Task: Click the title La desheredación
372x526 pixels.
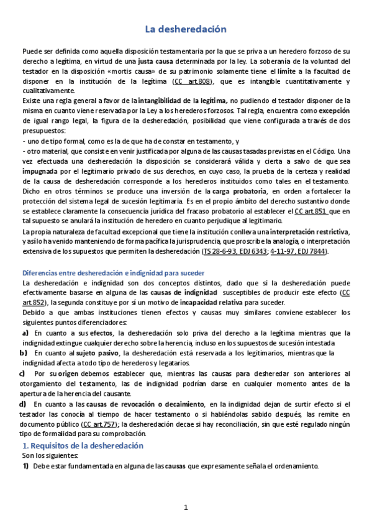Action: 186,29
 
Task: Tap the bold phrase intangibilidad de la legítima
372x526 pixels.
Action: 183,99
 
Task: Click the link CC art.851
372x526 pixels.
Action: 312,212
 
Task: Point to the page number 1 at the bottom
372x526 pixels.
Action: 186,508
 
